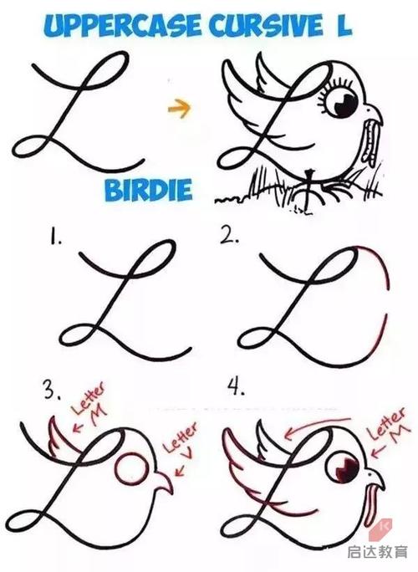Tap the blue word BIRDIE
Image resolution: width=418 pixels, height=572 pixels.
(x=149, y=189)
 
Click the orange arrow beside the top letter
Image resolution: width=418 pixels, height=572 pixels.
(x=179, y=108)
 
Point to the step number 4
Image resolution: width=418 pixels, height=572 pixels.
(x=236, y=387)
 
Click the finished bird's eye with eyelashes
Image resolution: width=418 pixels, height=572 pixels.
(x=340, y=103)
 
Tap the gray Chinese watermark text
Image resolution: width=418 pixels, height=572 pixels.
(x=377, y=552)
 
